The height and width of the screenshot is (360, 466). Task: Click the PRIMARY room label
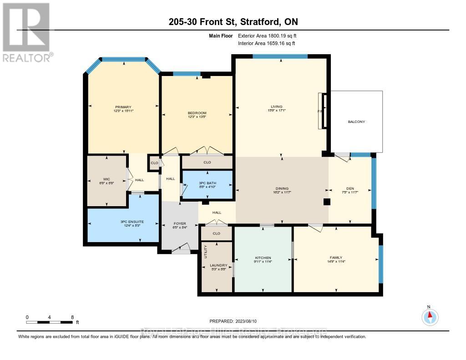[123, 107]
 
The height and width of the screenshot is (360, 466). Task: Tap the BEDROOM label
[197, 113]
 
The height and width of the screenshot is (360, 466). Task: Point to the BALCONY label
[356, 122]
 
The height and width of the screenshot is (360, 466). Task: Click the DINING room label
[282, 188]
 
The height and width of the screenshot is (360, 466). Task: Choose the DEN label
[350, 188]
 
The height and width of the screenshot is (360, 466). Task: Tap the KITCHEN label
[263, 258]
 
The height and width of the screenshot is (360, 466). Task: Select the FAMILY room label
[336, 258]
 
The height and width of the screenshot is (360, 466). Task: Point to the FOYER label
[180, 223]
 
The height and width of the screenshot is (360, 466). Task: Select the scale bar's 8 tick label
[72, 317]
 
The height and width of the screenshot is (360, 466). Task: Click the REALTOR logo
[26, 32]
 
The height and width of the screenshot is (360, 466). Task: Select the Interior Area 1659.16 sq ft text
[267, 44]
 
